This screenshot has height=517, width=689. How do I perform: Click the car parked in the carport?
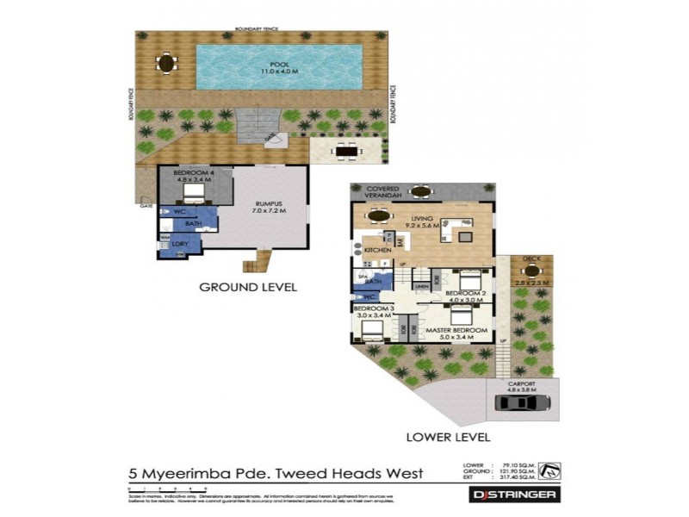click(519, 402)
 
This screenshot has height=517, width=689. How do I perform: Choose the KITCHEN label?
click(378, 249)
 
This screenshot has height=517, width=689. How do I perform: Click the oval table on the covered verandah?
click(421, 191)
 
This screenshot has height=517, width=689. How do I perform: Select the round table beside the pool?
click(165, 62)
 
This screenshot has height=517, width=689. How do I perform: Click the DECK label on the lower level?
click(531, 258)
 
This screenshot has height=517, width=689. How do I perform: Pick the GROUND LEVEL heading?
click(248, 287)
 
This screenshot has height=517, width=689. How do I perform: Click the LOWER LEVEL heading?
click(441, 437)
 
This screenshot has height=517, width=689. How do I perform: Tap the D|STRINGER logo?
click(515, 495)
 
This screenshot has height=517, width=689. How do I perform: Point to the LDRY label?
click(180, 244)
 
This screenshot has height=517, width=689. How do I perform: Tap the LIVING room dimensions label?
click(422, 223)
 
